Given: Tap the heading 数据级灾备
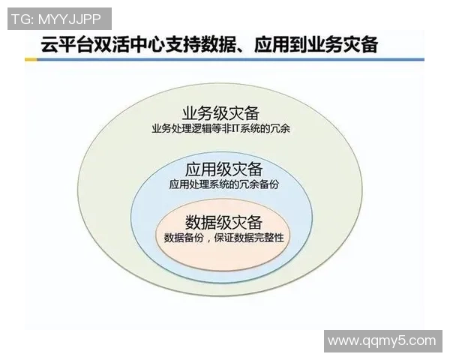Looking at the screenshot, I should (223, 222).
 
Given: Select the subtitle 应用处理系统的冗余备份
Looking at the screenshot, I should (223, 183).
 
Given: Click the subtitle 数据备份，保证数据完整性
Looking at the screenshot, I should (223, 238).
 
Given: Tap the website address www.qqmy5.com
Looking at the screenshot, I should (382, 340).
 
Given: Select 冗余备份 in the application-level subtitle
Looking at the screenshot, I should (255, 183).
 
